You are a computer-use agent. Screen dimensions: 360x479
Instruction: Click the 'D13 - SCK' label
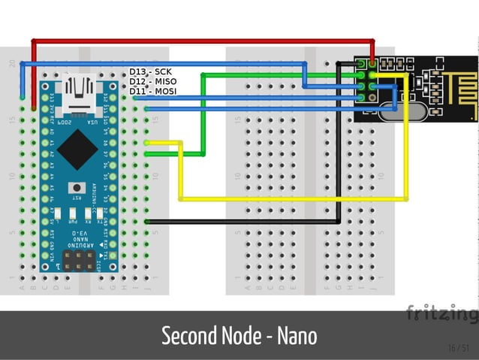[150, 72]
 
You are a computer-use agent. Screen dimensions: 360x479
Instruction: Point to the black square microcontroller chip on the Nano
[77, 150]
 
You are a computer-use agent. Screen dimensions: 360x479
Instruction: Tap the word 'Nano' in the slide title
[297, 336]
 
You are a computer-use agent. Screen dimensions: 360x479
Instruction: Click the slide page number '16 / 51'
[458, 347]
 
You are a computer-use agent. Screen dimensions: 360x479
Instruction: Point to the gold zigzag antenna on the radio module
[457, 78]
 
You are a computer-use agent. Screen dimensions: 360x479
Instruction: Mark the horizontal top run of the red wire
[203, 40]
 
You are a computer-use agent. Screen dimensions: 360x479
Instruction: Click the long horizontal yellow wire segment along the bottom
[293, 199]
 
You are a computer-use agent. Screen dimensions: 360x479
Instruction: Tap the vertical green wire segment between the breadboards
[203, 113]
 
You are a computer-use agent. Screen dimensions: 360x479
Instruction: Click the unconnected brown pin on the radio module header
[362, 63]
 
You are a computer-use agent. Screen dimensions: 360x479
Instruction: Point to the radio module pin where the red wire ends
[373, 63]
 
